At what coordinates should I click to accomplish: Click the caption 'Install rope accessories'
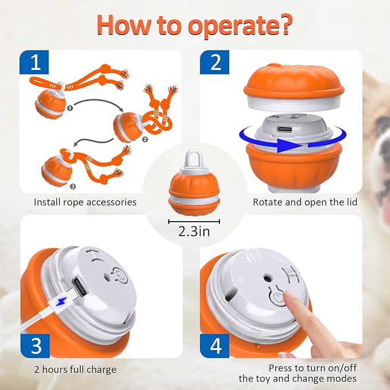point(85,202)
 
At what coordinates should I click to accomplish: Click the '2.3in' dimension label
point(195,233)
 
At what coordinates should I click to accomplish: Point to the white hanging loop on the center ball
point(194,157)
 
